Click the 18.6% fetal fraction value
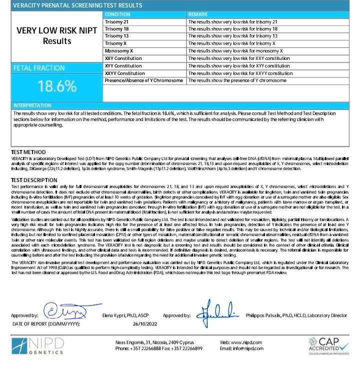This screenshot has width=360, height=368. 56,86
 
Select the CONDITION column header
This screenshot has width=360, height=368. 118,15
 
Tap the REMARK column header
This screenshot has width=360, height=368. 198,15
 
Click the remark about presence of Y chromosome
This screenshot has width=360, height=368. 237,80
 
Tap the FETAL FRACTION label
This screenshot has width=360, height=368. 39,68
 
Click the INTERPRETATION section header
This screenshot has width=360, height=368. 32,105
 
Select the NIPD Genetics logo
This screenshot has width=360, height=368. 38,346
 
